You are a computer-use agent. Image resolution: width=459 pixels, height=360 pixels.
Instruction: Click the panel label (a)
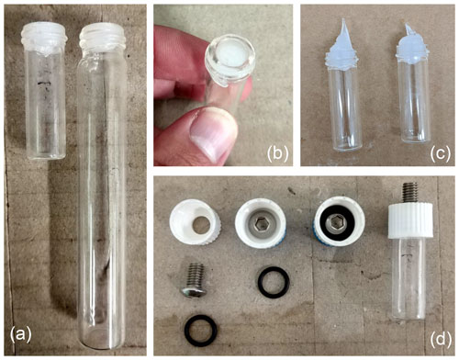[21, 334]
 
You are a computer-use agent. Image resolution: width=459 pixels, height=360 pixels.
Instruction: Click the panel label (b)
[277, 152]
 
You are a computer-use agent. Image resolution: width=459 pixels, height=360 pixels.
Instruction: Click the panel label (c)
[440, 152]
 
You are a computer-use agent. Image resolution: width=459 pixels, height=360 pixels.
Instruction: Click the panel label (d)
[441, 339]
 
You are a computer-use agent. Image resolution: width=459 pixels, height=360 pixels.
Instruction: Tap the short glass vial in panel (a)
[46, 91]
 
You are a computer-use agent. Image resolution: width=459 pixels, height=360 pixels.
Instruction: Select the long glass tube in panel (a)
[102, 186]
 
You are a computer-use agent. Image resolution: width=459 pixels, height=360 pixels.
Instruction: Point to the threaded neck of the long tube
[102, 38]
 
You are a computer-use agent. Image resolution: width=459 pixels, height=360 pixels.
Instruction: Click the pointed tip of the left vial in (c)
[344, 19]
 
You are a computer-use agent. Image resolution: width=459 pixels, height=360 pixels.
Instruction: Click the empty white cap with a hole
[196, 221]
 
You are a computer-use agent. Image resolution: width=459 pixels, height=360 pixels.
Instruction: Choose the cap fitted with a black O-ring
[339, 221]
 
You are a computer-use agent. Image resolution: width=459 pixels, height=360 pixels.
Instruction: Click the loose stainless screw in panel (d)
[192, 281]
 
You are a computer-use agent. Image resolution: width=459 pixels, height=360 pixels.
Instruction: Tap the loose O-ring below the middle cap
[274, 282]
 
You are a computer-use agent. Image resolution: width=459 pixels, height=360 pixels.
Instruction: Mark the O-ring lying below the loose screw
[201, 331]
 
